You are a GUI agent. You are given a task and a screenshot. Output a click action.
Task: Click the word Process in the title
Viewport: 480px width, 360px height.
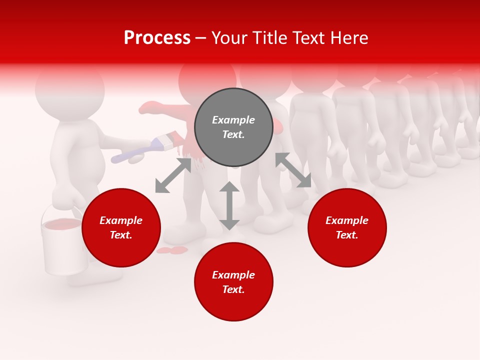(x=157, y=38)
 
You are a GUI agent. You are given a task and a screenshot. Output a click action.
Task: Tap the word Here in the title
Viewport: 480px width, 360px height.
(x=348, y=38)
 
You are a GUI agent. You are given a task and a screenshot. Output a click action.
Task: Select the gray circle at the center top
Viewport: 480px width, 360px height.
(x=233, y=127)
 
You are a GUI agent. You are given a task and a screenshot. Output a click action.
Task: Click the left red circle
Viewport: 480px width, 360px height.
(x=121, y=227)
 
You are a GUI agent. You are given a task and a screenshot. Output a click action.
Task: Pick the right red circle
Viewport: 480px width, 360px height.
(x=347, y=227)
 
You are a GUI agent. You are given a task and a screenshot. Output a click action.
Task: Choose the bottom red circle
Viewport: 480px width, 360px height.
(x=233, y=282)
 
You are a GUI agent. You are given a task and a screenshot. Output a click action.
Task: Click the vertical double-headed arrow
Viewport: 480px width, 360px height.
(x=229, y=205)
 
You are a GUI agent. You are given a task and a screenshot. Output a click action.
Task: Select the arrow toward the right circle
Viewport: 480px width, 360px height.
(x=293, y=170)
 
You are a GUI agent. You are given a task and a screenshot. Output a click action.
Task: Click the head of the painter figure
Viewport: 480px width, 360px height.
(x=70, y=90)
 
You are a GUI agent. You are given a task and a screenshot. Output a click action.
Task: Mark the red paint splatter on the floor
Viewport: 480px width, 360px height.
(x=172, y=249)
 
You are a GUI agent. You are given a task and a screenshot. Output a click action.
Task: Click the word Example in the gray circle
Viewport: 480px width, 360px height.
(x=233, y=120)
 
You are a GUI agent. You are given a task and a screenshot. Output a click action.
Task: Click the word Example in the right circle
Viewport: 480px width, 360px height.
(x=347, y=220)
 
